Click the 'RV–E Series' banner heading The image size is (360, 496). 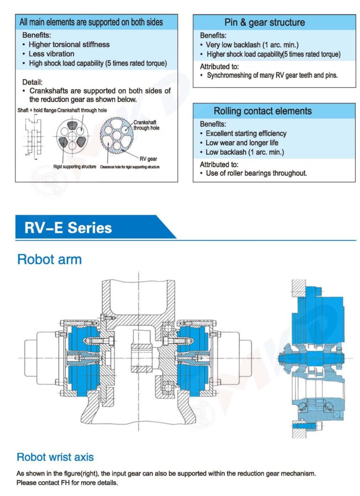click(68, 228)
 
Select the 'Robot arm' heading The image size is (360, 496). click(49, 259)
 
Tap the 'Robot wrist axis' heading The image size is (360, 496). click(55, 457)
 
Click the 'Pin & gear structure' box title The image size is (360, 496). click(264, 22)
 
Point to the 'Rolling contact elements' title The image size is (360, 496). click(262, 111)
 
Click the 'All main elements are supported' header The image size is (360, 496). click(91, 22)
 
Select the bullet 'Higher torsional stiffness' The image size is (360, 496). click(69, 44)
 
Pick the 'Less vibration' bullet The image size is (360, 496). click(51, 54)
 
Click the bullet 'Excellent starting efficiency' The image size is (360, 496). click(246, 133)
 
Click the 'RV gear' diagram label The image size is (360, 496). click(148, 159)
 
